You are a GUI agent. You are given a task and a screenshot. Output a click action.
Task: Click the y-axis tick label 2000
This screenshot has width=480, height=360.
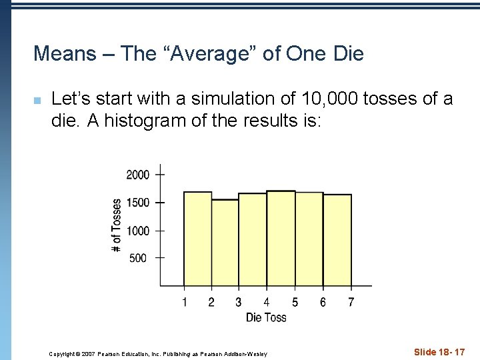coord(138,175)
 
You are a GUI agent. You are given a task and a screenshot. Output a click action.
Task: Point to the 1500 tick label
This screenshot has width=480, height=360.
coord(138,202)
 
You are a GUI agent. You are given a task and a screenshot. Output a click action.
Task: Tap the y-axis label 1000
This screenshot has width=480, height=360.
coord(138,231)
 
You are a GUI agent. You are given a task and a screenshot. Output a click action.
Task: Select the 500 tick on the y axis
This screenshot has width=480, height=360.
coord(138,258)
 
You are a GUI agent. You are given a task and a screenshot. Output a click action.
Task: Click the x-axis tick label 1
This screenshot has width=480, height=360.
coord(185,303)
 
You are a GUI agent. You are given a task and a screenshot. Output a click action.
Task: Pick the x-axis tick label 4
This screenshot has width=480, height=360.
coord(267,303)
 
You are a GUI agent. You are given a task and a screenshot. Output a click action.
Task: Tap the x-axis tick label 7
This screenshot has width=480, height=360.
coord(351,303)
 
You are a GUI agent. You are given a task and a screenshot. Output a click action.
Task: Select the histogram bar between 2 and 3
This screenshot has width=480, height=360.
coord(225,243)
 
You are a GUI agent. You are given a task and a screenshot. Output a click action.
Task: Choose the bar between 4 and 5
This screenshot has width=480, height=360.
coord(281,239)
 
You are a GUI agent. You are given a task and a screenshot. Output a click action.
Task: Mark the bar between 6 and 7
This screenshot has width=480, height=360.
coord(337,240)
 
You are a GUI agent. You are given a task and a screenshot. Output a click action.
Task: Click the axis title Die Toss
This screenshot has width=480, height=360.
coord(266,317)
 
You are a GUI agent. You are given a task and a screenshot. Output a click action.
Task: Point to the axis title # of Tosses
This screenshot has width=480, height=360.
coord(117,225)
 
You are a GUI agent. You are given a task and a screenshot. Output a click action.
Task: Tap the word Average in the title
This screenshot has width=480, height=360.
coord(218,53)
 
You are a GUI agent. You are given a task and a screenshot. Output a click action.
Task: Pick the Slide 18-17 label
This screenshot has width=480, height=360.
coord(439,351)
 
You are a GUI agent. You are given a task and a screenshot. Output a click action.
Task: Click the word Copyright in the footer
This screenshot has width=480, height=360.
coord(63,353)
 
